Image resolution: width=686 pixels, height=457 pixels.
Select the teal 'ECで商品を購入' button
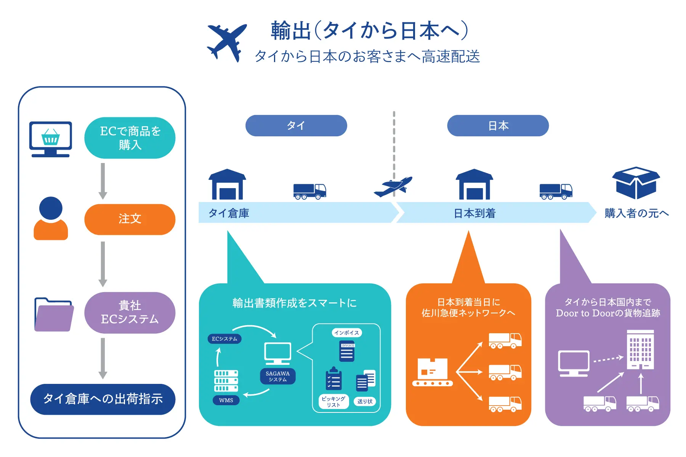(130, 138)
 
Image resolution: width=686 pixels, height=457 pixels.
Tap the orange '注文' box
(130, 219)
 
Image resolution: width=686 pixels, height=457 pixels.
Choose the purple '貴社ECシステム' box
(130, 312)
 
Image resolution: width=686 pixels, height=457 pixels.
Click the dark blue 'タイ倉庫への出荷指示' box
(103, 399)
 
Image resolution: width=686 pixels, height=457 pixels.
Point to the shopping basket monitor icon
(51, 139)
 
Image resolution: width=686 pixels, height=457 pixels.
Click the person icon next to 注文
(51, 219)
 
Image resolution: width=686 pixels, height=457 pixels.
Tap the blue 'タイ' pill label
(296, 126)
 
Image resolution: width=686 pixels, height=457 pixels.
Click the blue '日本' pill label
(498, 126)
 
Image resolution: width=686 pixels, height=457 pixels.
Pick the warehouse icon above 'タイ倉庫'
(227, 184)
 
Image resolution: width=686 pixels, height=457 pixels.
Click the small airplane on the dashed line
(393, 186)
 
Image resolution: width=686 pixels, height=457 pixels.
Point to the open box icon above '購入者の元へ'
(636, 182)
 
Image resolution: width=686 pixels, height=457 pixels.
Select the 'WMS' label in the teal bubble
(226, 400)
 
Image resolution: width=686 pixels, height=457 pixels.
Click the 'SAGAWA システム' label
(278, 376)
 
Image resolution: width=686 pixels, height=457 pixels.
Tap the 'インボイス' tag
(346, 332)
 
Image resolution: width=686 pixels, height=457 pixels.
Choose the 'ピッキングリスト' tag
(333, 401)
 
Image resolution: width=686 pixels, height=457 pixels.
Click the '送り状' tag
(365, 401)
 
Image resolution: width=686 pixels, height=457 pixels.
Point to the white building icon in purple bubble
(640, 350)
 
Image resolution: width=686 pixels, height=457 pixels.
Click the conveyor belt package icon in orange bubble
(433, 372)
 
